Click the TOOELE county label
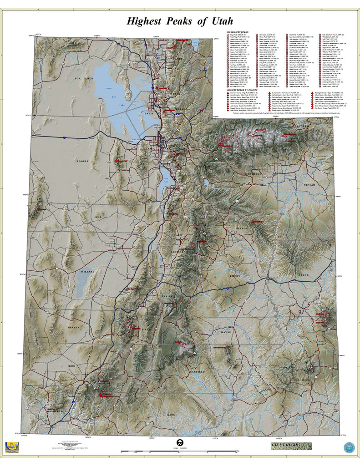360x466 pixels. (83, 161)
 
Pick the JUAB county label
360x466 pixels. (97, 218)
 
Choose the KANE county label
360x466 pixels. (171, 415)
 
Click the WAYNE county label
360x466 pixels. (226, 332)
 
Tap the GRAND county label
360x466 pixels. (303, 275)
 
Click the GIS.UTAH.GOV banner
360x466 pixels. (290, 446)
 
